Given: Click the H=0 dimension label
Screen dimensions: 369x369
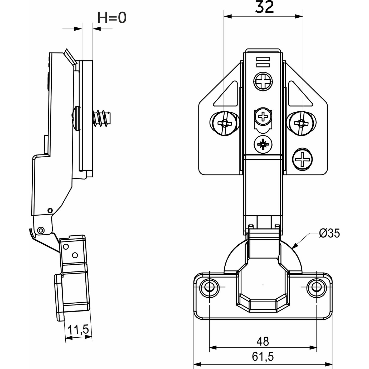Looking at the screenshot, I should (112, 18).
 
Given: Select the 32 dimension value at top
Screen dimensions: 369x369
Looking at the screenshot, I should (264, 7).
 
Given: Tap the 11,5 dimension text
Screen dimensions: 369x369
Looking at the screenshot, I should (78, 330).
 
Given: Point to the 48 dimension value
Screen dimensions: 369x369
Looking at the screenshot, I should (263, 341).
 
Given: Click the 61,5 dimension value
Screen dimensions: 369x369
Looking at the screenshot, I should (263, 357).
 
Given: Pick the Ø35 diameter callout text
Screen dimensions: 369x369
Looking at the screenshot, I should (329, 233).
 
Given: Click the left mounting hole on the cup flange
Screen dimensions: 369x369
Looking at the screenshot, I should (209, 287).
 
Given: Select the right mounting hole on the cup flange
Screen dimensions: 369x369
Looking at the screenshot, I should (316, 287).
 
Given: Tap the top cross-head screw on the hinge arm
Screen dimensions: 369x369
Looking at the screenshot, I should (263, 81).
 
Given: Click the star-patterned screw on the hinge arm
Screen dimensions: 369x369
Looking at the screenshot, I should (263, 144).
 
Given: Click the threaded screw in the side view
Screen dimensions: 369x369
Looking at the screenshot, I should (101, 118).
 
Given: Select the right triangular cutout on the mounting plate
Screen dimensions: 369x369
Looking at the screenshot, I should (299, 95).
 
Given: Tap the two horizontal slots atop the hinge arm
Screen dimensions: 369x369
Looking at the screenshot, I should (263, 62).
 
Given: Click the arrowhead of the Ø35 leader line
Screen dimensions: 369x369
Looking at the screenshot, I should (294, 246).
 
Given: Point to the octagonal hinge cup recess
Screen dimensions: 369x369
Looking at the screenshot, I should (263, 287).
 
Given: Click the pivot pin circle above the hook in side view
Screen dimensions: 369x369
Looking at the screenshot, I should (40, 230).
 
